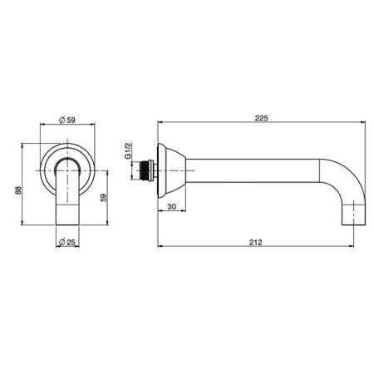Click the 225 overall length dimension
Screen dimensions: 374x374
261,118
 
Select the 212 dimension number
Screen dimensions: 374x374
255,243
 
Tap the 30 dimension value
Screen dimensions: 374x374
172,207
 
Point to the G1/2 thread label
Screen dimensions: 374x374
128,150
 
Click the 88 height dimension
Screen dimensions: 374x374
18,190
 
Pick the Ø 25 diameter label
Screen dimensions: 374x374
67,242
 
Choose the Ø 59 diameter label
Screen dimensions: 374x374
67,120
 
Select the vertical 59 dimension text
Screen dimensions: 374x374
103,198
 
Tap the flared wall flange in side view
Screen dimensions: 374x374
171,170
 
